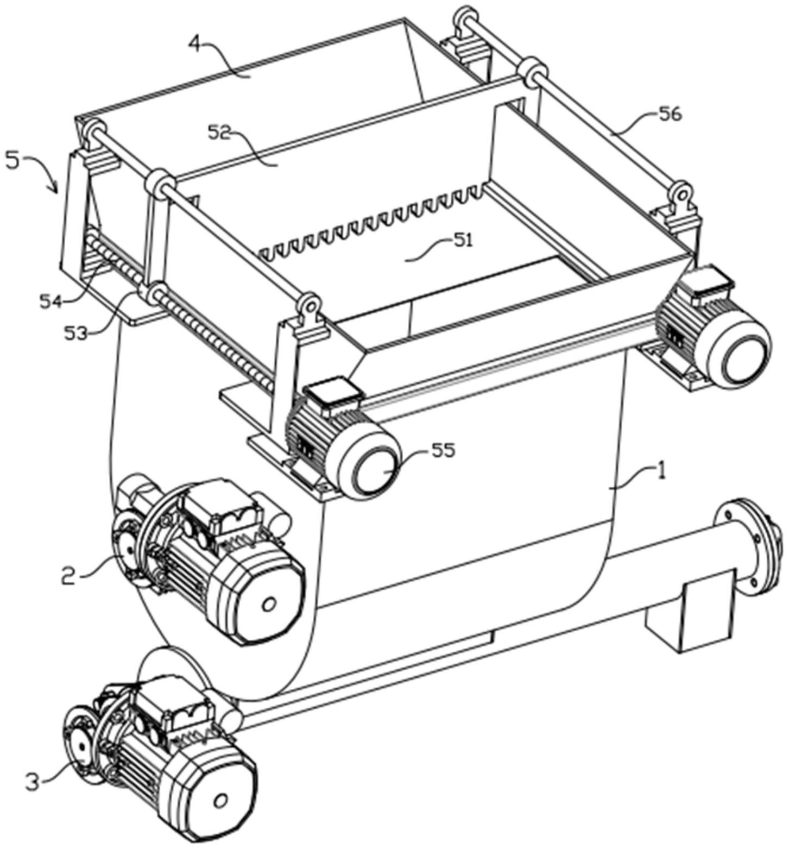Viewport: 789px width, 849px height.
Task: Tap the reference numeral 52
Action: [220, 133]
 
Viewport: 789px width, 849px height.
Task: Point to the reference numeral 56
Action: [670, 115]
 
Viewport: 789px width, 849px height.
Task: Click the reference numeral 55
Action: [443, 450]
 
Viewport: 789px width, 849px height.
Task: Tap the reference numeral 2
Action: [68, 575]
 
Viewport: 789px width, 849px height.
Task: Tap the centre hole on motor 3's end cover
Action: [220, 801]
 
